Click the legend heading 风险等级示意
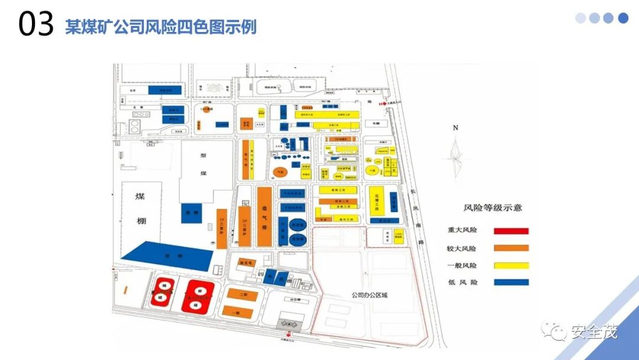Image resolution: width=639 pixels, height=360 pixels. point(492,208)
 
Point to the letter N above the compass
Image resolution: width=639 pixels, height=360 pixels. point(455,127)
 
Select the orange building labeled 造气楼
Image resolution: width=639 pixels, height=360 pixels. point(264,216)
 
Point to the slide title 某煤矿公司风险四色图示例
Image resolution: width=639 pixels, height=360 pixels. point(160,27)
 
